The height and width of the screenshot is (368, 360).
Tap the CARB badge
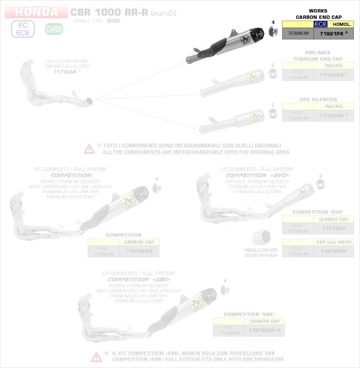(x=53, y=29)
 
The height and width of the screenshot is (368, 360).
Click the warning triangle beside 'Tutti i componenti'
(x=90, y=148)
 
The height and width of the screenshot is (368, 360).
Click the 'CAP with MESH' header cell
(x=334, y=243)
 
